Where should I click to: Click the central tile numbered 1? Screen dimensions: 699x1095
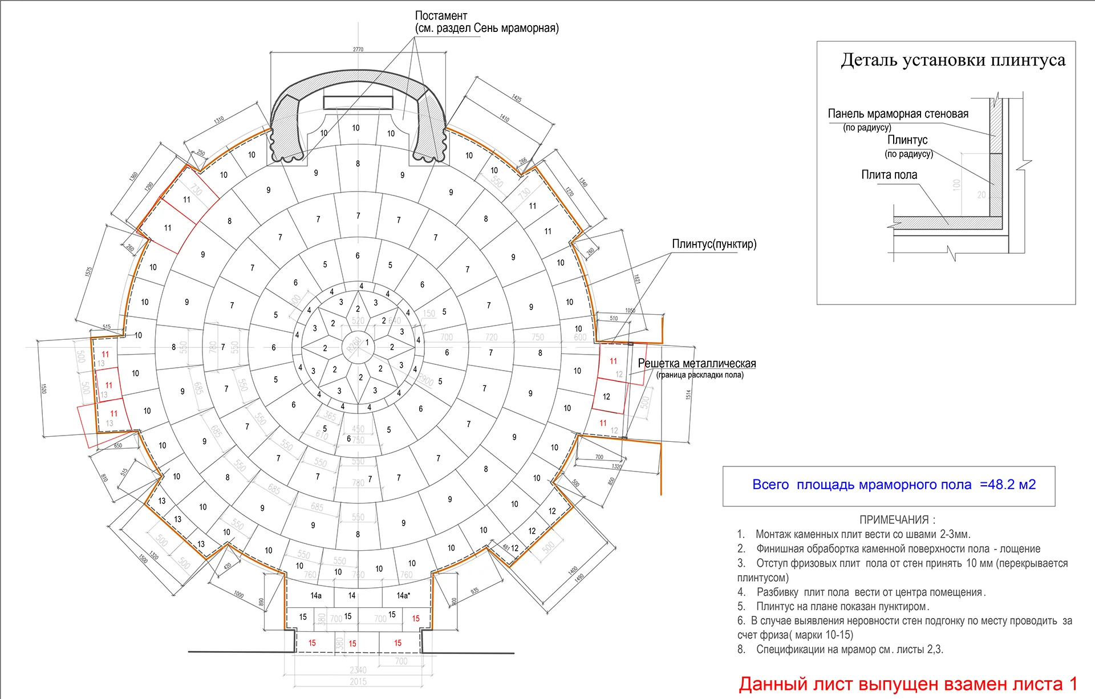click(367, 343)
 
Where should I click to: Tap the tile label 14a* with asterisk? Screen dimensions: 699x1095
click(403, 596)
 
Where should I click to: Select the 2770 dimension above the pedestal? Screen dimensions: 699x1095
click(358, 50)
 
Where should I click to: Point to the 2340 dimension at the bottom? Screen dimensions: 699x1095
click(358, 670)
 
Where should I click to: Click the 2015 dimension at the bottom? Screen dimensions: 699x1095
click(358, 682)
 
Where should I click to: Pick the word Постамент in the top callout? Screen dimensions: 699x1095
click(441, 16)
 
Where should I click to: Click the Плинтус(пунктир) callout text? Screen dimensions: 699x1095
click(714, 244)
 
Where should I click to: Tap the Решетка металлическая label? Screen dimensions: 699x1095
click(696, 364)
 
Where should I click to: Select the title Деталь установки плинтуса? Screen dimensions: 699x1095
click(953, 60)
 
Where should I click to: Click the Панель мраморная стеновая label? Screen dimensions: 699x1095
click(898, 114)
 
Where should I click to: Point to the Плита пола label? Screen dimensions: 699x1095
click(889, 175)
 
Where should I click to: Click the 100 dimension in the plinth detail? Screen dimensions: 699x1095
click(956, 184)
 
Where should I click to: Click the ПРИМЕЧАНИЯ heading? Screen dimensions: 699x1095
click(897, 520)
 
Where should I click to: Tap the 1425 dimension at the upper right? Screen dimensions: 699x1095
click(517, 99)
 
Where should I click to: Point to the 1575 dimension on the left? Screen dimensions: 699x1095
click(88, 272)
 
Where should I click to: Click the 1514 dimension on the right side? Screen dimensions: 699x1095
click(688, 395)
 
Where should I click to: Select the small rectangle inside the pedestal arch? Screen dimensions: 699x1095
click(358, 103)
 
